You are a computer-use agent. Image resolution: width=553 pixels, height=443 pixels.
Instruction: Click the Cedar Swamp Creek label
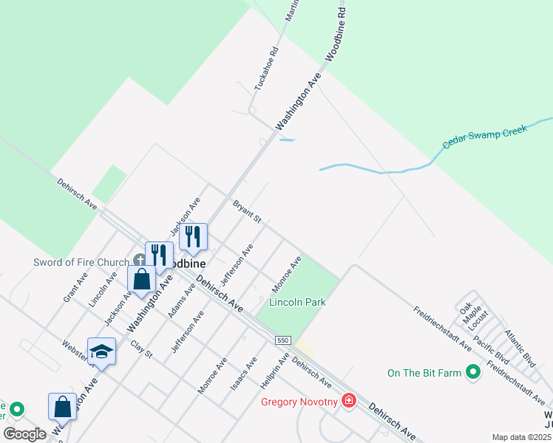click(x=485, y=137)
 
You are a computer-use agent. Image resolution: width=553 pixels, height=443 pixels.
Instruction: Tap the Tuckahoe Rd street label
click(x=265, y=69)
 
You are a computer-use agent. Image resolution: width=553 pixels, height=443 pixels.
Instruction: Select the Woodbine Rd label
click(x=334, y=35)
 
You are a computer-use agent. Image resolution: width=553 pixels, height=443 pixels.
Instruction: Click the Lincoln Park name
click(x=297, y=302)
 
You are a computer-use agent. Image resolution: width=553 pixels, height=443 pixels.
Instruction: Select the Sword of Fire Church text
click(x=81, y=261)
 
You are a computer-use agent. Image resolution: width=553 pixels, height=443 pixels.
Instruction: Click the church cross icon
click(x=139, y=261)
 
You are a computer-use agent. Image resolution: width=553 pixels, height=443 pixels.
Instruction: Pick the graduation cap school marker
click(x=101, y=351)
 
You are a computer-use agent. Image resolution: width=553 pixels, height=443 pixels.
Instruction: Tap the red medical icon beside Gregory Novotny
click(x=349, y=402)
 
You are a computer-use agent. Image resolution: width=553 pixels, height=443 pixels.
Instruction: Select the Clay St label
click(x=140, y=349)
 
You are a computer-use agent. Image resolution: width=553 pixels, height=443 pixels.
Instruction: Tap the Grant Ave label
click(x=75, y=286)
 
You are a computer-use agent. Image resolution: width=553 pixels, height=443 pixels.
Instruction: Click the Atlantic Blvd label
click(x=520, y=349)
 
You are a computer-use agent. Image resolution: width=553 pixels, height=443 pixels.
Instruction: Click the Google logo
click(x=24, y=434)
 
